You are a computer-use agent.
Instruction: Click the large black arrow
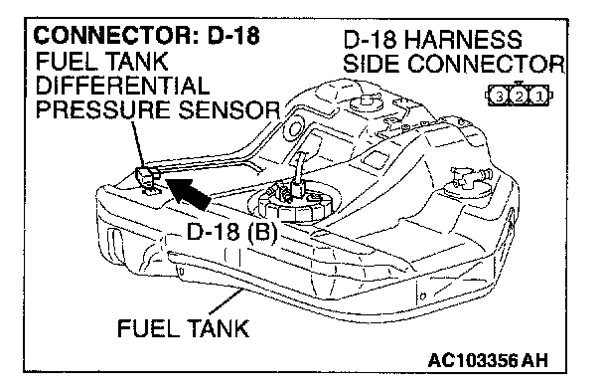(188, 194)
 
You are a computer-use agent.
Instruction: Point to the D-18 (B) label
(231, 232)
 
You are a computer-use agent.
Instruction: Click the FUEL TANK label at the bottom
(184, 328)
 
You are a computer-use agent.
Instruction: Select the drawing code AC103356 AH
(488, 361)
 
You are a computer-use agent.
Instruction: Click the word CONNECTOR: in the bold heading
(116, 36)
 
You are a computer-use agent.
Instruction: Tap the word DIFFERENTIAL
(122, 86)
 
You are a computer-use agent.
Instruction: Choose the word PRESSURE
(103, 109)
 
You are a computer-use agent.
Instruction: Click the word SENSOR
(228, 109)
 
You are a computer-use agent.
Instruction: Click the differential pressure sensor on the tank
(148, 178)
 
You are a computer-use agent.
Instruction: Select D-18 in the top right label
(370, 40)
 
